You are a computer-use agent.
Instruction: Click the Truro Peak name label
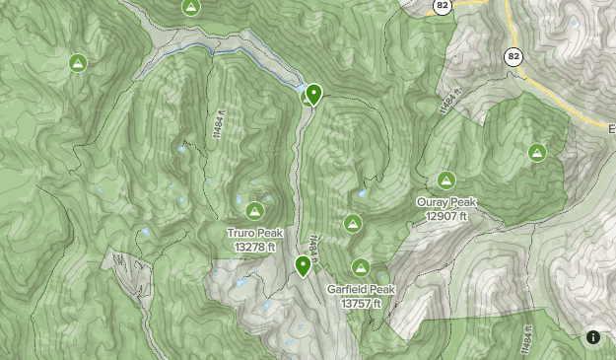point(254,233)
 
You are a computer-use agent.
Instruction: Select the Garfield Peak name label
point(361,290)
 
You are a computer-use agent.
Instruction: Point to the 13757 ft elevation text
point(361,304)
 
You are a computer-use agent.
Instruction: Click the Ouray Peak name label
point(446,202)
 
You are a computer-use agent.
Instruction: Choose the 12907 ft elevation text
point(446,215)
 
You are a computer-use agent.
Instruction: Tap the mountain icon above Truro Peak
point(254,210)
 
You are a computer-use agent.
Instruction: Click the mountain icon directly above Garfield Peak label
point(361,267)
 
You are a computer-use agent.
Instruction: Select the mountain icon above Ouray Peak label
point(446,180)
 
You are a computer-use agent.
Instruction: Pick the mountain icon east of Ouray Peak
point(537,152)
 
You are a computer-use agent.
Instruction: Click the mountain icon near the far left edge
point(77,63)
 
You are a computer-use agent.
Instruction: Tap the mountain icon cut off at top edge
point(191,6)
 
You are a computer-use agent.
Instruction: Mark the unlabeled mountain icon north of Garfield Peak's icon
point(351,224)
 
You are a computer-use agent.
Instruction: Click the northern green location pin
point(313,94)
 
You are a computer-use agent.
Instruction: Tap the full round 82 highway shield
point(513,56)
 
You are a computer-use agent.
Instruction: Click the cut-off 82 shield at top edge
point(443,5)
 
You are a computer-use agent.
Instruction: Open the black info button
point(593,337)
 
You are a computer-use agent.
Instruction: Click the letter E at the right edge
point(611,130)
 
